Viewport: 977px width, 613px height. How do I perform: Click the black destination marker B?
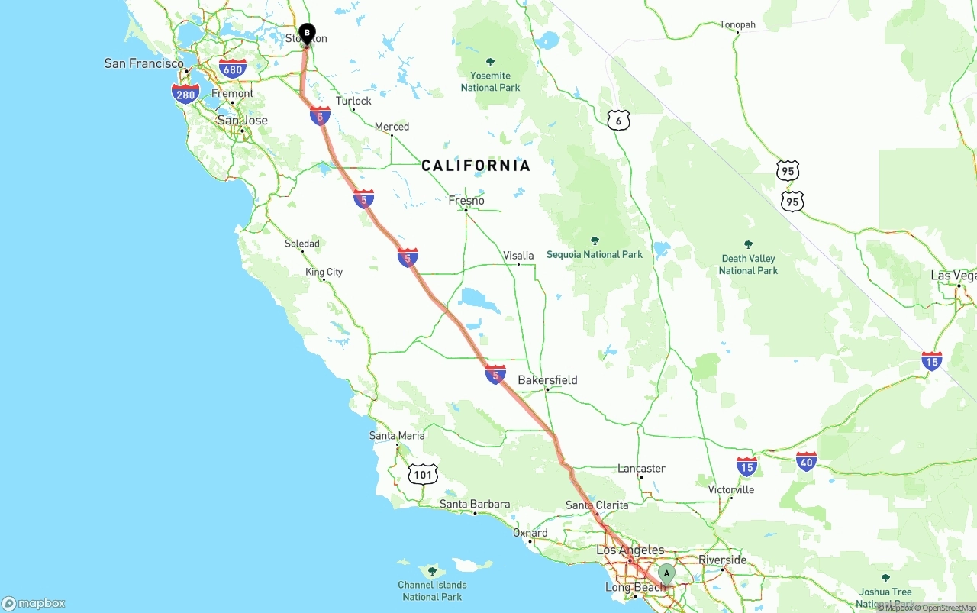pos(307,34)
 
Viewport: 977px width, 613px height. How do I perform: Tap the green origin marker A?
pos(666,573)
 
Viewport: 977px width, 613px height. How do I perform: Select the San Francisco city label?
pos(143,63)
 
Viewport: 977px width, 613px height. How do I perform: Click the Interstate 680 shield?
pos(233,69)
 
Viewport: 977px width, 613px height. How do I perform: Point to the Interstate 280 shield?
pos(185,94)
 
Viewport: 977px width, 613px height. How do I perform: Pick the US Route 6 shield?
pos(619,120)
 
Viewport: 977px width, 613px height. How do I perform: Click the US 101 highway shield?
pos(423,474)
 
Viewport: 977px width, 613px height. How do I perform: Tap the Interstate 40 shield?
pos(806,460)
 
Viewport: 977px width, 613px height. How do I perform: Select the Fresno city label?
pos(466,201)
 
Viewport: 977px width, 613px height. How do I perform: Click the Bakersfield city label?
pos(547,380)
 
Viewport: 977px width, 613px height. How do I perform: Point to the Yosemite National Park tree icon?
pos(490,63)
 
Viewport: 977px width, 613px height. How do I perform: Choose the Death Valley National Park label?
pos(748,264)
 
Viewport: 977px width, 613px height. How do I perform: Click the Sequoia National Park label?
pos(595,254)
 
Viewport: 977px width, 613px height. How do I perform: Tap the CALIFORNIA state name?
pos(476,166)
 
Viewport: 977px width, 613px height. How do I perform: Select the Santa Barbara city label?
pos(475,504)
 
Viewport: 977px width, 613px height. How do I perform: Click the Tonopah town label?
pos(737,25)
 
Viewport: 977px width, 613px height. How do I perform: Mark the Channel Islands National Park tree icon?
pos(432,571)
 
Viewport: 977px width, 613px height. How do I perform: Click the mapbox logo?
pos(34,603)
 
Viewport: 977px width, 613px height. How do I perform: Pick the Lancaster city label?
pos(641,469)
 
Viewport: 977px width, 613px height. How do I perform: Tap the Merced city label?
pos(392,127)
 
